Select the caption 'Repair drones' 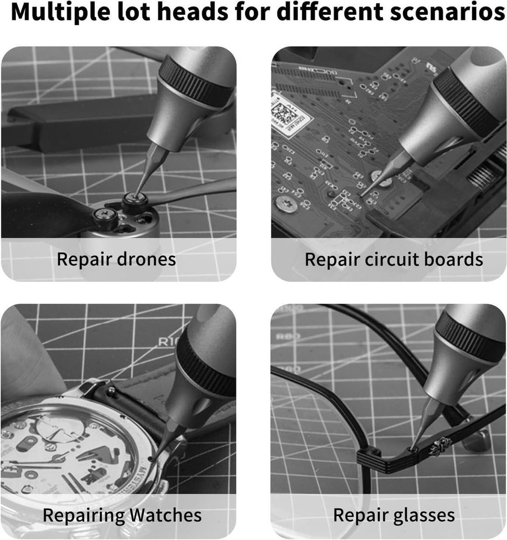click(116, 259)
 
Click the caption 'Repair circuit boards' click(394, 259)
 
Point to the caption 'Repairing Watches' click(122, 515)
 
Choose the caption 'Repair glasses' click(394, 515)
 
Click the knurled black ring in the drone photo click(196, 79)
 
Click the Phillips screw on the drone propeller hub click(105, 214)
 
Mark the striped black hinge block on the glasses click(369, 458)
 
